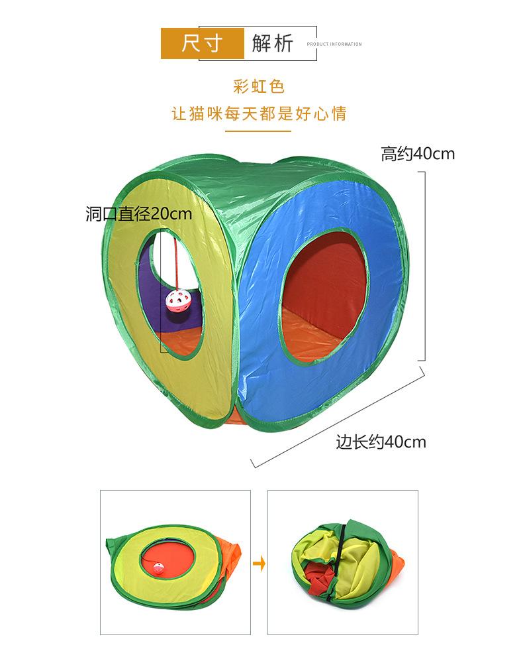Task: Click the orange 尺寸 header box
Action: pos(202,43)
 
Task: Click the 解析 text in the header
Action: pos(272,43)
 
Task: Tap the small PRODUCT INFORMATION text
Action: pos(334,44)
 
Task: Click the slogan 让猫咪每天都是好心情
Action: pos(259,114)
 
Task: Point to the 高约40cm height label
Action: pos(418,154)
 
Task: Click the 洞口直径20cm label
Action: pos(138,213)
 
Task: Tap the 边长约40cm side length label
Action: pos(381,441)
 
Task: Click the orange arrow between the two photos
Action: pos(260,565)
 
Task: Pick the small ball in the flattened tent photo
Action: pos(158,568)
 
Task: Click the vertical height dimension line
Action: pos(424,265)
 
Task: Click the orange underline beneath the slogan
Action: pos(259,131)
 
